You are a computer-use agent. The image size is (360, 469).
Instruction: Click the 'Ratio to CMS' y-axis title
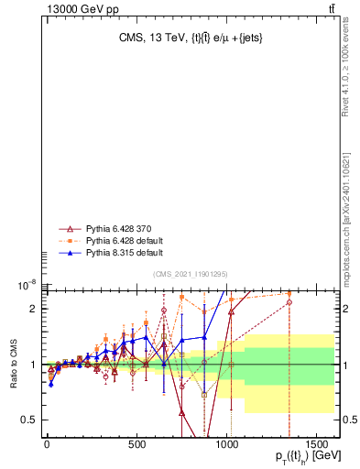14,365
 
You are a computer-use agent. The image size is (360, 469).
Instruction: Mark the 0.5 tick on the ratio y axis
30,420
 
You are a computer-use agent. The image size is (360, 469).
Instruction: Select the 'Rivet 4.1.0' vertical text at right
345,65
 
